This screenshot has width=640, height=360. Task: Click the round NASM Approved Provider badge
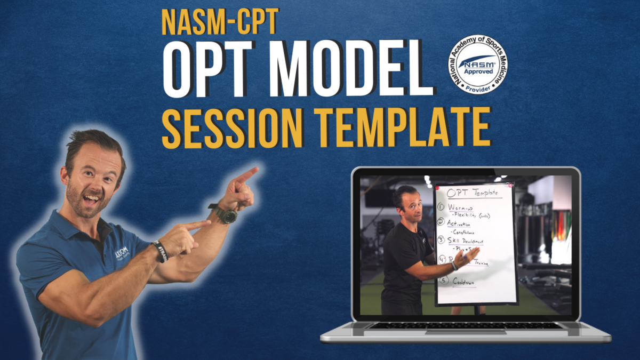coord(477,64)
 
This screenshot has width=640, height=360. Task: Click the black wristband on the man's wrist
coord(161,251)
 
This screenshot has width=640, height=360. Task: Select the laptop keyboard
coord(465,325)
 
